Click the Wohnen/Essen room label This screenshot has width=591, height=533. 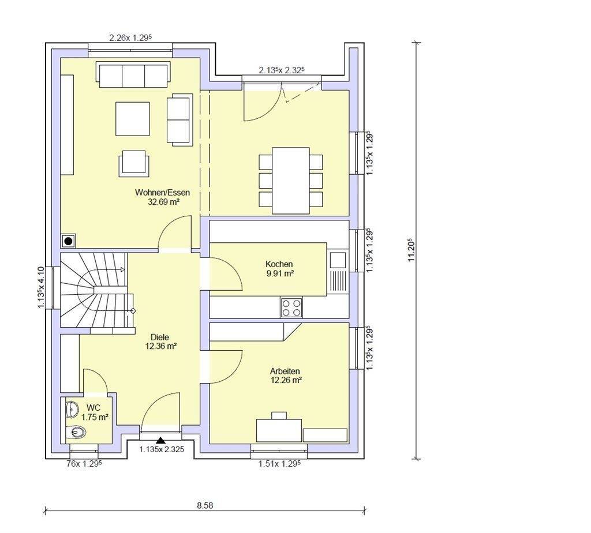point(162,197)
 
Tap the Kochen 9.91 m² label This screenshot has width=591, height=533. point(279,269)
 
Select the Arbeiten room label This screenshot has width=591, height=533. point(285,376)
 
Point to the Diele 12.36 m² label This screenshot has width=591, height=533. point(160,341)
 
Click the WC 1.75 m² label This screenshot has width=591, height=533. point(94,412)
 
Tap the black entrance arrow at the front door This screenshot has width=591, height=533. point(161,440)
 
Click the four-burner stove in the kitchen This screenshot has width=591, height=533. point(291,307)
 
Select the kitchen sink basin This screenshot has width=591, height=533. point(338,260)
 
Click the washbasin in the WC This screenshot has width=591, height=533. point(71,410)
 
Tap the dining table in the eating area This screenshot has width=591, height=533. point(291,181)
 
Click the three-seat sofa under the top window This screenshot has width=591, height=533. point(133,74)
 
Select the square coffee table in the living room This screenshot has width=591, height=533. point(132,119)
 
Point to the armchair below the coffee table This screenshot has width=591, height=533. point(134,163)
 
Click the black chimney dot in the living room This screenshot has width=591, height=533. point(68,241)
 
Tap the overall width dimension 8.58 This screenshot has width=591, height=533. point(205,505)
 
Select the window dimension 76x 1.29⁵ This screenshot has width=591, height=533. point(84,464)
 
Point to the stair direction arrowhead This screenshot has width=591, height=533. point(122,269)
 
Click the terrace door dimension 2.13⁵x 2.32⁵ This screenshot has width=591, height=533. point(282,70)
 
